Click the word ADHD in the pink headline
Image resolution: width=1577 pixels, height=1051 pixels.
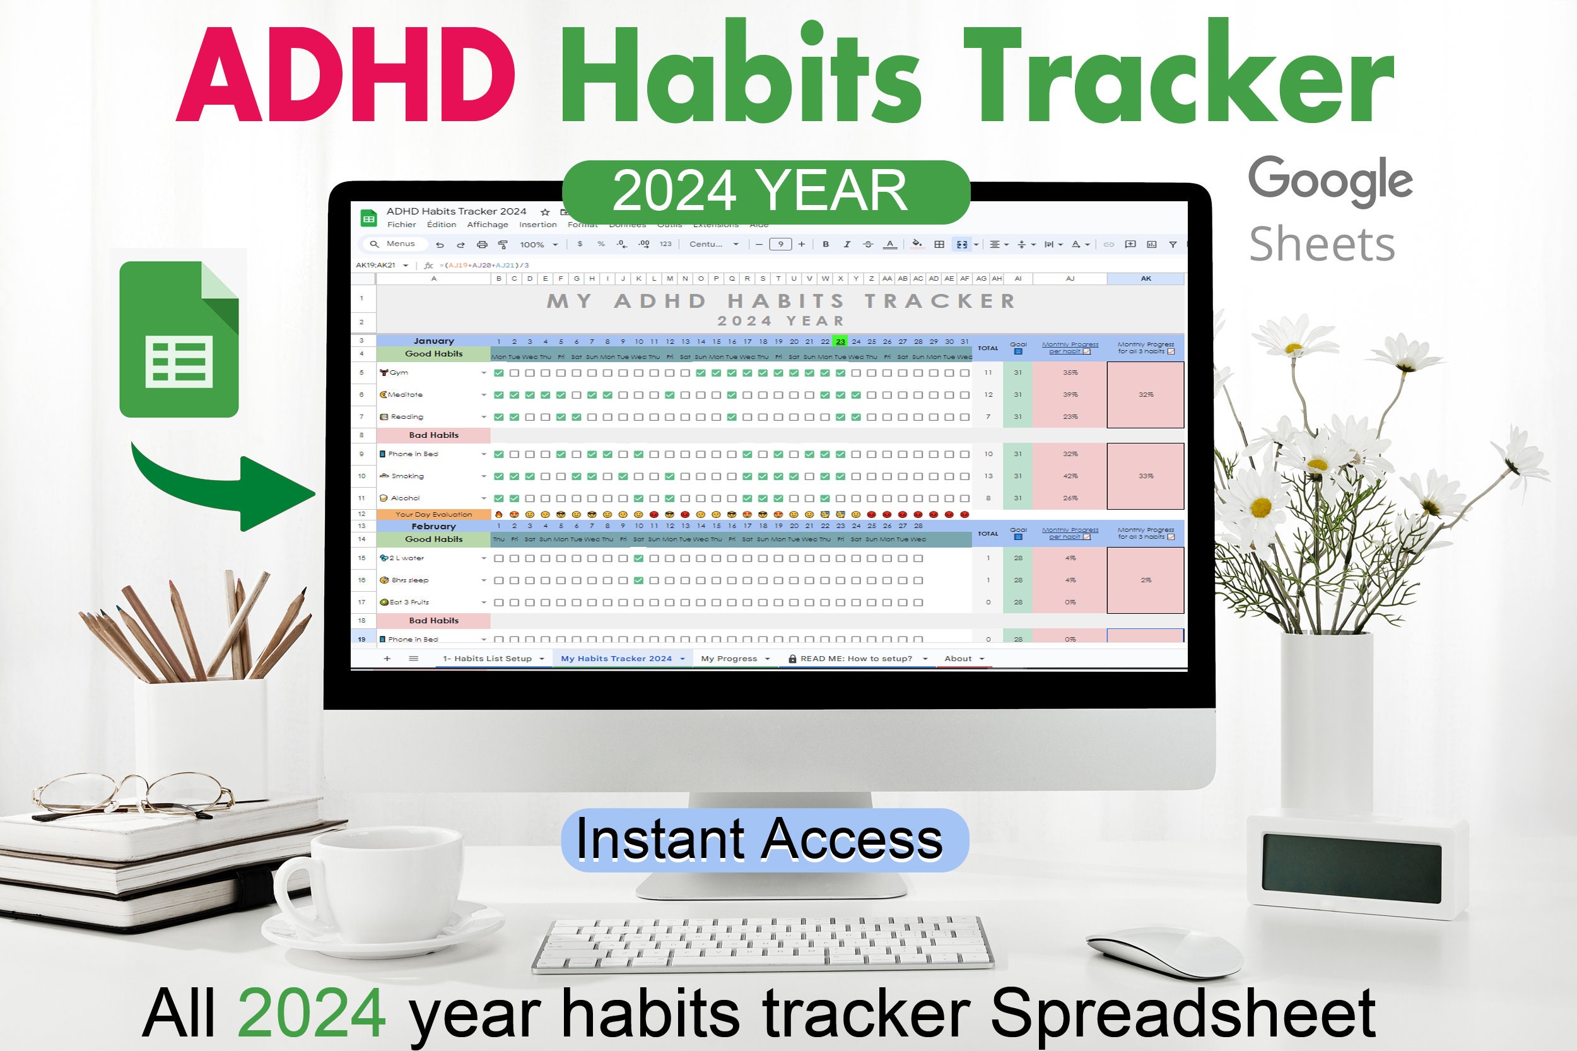(345, 75)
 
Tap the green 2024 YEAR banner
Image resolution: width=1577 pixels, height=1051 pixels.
(765, 192)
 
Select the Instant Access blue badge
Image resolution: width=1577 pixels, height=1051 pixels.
(765, 840)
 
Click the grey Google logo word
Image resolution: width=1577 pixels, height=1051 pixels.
(1330, 180)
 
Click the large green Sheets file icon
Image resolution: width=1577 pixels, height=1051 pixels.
(179, 339)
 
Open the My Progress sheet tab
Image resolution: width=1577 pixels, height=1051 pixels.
(729, 659)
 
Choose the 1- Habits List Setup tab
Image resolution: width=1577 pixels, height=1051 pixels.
(487, 659)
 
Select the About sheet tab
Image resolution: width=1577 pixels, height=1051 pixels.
(958, 659)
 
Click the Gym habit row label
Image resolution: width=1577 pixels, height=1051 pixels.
(398, 373)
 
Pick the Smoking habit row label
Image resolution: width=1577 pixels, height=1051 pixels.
(407, 476)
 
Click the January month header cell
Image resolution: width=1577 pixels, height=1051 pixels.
(433, 341)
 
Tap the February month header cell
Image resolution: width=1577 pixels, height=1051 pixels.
(433, 527)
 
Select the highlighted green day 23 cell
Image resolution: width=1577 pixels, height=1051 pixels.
(840, 342)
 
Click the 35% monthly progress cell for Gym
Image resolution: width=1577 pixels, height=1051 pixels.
(1070, 373)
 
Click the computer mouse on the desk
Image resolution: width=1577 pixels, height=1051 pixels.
(1163, 953)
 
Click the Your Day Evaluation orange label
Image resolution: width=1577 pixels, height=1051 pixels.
(433, 515)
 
